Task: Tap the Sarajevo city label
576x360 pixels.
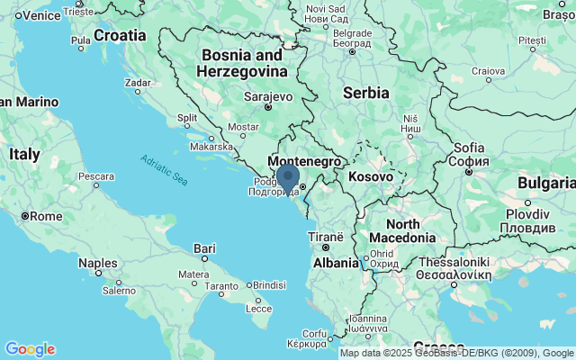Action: [268, 96]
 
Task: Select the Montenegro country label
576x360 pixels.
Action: [305, 159]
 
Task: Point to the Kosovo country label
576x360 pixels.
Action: [371, 176]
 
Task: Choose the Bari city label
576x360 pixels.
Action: [205, 247]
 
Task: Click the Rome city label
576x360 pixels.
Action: [45, 216]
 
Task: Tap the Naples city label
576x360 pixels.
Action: [98, 263]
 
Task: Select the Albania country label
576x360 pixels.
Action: [336, 262]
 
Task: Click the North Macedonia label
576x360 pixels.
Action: [410, 230]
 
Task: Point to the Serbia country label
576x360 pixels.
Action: [365, 92]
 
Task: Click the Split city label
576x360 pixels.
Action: [187, 118]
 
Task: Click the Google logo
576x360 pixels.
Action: [30, 349]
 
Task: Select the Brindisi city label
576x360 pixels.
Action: [268, 284]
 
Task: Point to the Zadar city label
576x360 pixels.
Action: [138, 82]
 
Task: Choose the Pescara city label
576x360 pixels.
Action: [94, 176]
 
